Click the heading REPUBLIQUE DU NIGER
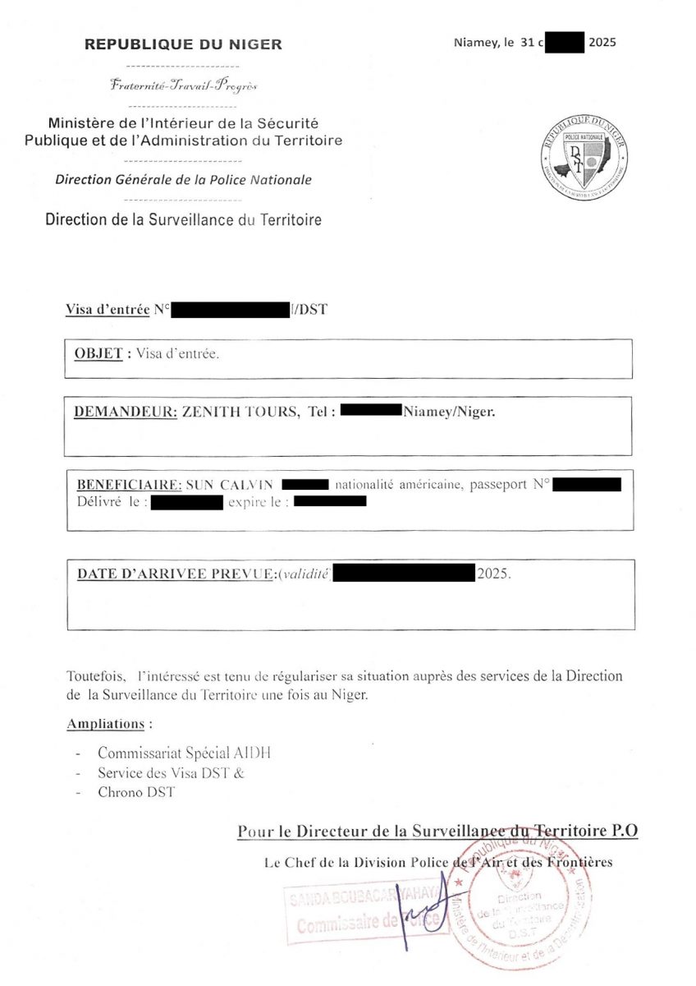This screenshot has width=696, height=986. click(183, 44)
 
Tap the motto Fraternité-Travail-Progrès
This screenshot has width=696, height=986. click(183, 85)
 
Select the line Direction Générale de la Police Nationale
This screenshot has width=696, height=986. click(183, 180)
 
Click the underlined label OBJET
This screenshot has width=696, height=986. click(98, 354)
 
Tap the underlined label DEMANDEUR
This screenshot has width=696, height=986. click(126, 412)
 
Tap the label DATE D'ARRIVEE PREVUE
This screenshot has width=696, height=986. click(175, 574)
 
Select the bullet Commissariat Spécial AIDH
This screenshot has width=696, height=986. click(184, 753)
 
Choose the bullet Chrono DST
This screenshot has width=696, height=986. click(136, 792)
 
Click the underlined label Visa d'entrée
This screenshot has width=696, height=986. click(108, 310)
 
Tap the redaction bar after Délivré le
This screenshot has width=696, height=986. click(187, 502)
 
